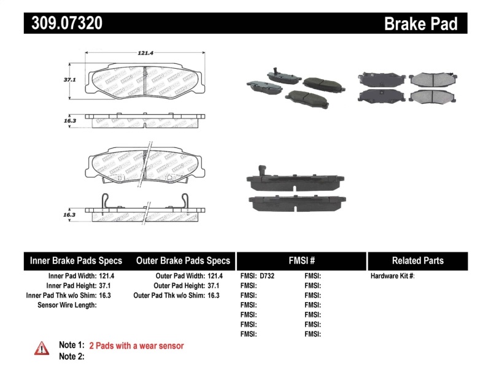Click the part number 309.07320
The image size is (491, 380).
point(64,23)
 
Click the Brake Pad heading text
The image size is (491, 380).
point(420,23)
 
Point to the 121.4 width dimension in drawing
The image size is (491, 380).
point(145,53)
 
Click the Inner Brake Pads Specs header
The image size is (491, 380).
point(76,260)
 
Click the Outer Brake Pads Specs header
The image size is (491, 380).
point(183,260)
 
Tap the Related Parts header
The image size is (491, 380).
point(417,260)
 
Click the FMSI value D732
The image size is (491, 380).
point(267,276)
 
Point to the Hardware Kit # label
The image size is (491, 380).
point(392,276)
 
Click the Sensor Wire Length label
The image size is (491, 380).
point(68,305)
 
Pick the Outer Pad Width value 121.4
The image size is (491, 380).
point(215,276)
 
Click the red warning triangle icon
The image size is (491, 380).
point(42,348)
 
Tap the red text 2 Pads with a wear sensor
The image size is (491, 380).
point(136,346)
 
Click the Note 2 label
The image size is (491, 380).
point(71,357)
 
